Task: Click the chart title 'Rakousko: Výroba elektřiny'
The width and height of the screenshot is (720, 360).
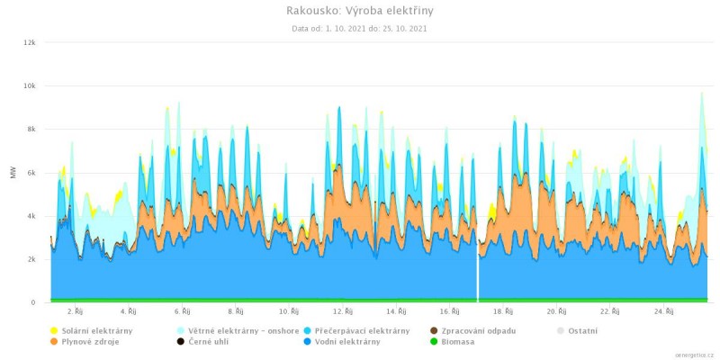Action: tap(359, 11)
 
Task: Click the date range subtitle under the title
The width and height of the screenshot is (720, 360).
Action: tap(359, 29)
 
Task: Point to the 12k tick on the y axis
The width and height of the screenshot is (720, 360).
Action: tap(29, 42)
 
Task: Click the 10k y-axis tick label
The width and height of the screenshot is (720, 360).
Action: tap(29, 85)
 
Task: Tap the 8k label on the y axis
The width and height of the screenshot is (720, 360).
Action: tap(31, 129)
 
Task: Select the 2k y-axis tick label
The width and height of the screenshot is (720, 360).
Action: tap(31, 259)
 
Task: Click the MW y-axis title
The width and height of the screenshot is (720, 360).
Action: tap(13, 172)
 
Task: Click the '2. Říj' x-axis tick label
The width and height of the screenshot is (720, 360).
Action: tap(77, 311)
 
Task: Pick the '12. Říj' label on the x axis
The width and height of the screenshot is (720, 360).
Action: tap(342, 311)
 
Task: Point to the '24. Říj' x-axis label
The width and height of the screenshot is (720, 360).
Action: tap(663, 311)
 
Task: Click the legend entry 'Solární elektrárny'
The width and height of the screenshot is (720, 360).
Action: tap(96, 330)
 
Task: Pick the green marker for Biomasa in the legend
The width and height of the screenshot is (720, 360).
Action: tap(436, 342)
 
